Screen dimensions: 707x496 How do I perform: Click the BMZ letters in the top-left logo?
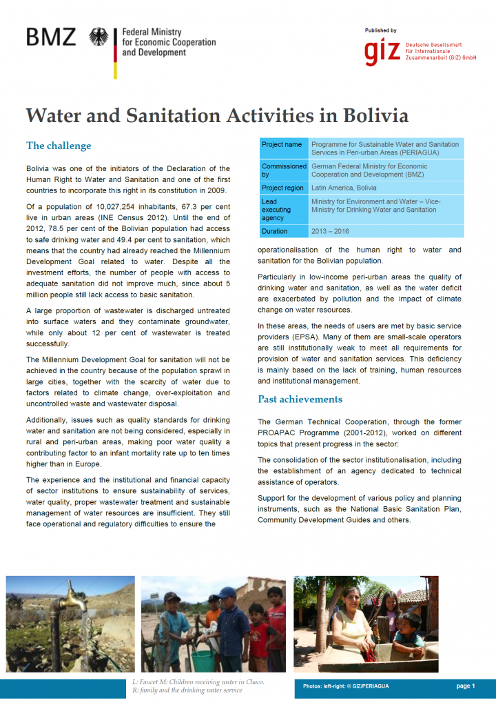[x=51, y=37]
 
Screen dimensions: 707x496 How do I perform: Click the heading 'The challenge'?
[x=59, y=146]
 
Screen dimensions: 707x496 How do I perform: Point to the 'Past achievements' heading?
[x=300, y=399]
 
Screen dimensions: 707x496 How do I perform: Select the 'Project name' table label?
[x=282, y=145]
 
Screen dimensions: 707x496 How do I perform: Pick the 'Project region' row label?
[x=283, y=188]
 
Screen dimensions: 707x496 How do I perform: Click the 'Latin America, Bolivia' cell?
[x=344, y=188]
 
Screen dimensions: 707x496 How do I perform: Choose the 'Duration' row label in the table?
[x=275, y=231]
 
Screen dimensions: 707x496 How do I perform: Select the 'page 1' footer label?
[x=466, y=686]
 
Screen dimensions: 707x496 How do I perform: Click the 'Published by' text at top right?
[x=381, y=30]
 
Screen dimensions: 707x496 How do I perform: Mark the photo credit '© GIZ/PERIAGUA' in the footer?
[x=365, y=686]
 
